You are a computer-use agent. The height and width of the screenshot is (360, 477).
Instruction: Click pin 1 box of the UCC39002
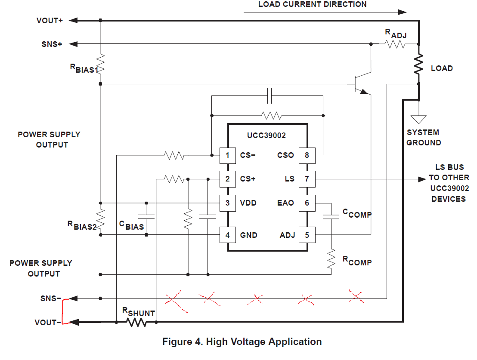click(x=228, y=155)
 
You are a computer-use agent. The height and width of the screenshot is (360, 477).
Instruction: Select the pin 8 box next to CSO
click(x=307, y=155)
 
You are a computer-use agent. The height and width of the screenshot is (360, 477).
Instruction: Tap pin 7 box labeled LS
click(x=307, y=179)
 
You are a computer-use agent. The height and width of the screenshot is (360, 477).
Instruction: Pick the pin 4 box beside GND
click(x=228, y=235)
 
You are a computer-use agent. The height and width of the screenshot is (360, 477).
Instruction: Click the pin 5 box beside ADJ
click(x=307, y=235)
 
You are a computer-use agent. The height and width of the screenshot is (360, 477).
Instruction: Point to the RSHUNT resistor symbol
click(x=136, y=322)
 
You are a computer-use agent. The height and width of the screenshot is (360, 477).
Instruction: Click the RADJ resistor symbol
click(x=395, y=44)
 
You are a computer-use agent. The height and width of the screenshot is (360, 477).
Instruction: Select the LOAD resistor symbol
click(x=418, y=64)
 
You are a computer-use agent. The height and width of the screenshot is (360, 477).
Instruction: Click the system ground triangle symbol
click(x=418, y=119)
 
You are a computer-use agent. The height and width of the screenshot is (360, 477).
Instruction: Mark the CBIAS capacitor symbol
click(x=146, y=217)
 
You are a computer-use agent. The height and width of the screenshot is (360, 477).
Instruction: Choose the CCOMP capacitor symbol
click(x=331, y=217)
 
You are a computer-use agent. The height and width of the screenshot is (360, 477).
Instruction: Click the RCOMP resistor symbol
click(x=331, y=259)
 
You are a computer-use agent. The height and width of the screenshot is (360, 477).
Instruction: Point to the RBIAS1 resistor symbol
click(x=100, y=64)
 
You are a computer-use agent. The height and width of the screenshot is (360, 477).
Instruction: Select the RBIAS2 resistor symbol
click(x=100, y=219)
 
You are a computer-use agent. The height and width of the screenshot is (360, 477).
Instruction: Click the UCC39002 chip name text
click(x=266, y=135)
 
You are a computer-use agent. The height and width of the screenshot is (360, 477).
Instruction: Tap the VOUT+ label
click(x=50, y=20)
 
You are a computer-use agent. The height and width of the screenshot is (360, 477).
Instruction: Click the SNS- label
click(x=51, y=298)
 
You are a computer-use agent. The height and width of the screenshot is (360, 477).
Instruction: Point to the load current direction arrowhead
click(x=402, y=12)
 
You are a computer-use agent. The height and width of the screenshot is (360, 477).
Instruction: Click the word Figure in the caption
click(x=177, y=342)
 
